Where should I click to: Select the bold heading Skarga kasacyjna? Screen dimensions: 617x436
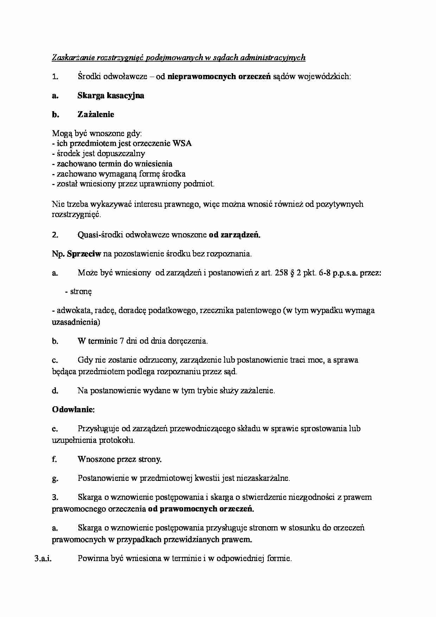(111, 95)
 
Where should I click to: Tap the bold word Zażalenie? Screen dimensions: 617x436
(96, 114)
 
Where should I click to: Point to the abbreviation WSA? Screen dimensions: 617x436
(182, 144)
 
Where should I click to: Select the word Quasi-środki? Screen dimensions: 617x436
(100, 235)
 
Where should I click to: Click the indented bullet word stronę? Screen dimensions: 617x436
(81, 292)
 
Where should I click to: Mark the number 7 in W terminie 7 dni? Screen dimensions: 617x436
(121, 341)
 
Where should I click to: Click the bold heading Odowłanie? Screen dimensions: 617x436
(73, 409)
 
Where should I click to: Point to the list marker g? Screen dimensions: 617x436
(54, 478)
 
